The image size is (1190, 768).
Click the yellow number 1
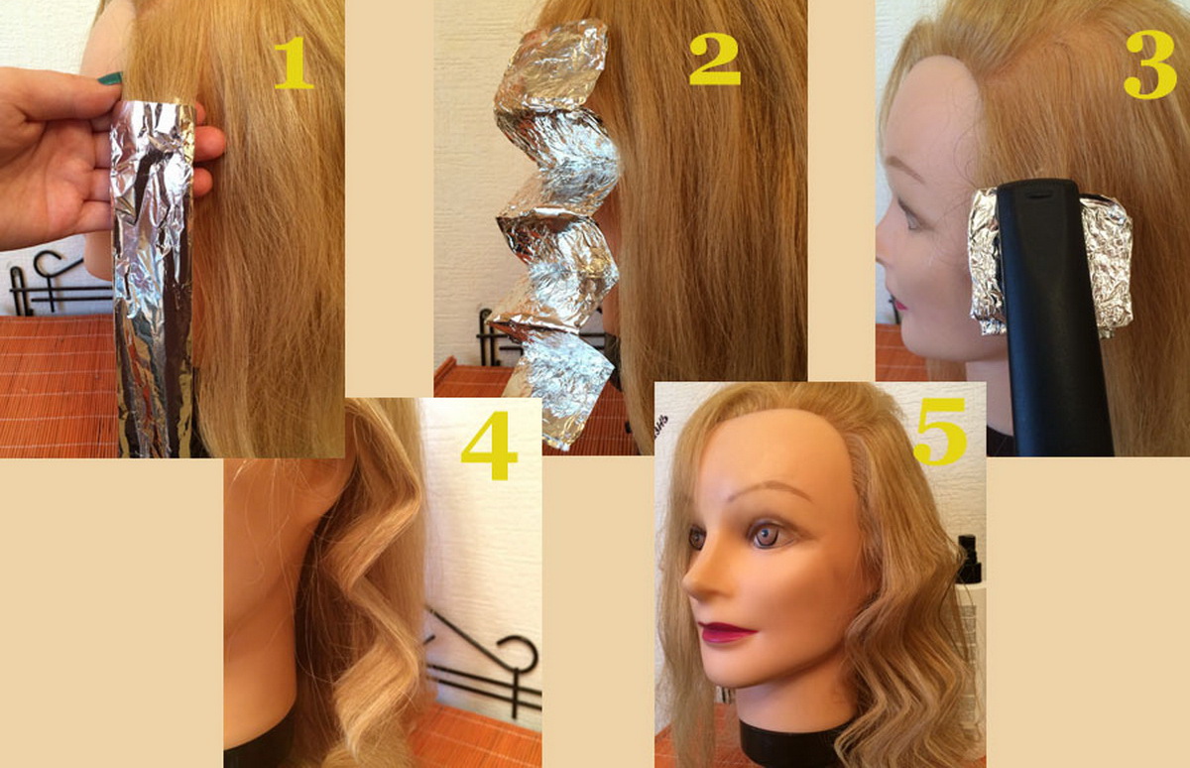(x=295, y=63)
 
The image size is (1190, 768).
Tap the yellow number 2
(x=715, y=59)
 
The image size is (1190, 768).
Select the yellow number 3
(x=1150, y=64)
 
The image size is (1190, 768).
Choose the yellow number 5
(x=940, y=432)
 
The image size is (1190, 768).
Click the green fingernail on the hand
(x=110, y=78)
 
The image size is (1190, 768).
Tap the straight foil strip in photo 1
(x=153, y=277)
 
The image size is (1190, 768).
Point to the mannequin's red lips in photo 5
(x=726, y=632)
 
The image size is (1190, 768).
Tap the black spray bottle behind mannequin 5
(x=970, y=561)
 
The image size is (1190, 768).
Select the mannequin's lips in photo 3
(x=898, y=303)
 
